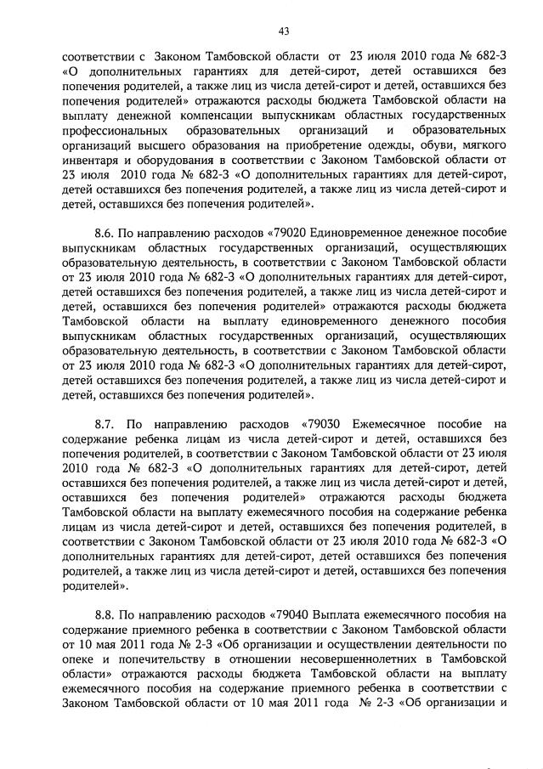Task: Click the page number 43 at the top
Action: click(285, 31)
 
